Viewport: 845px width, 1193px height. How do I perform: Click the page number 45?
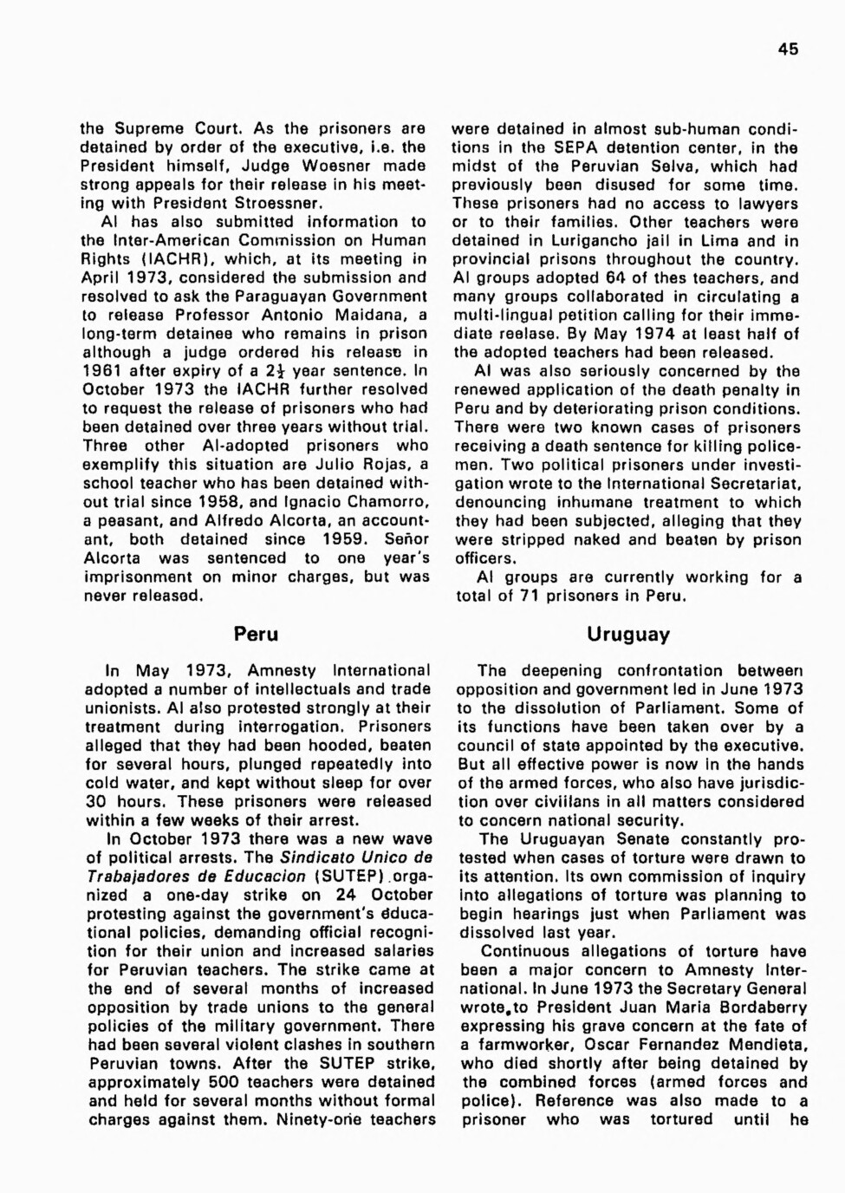pyautogui.click(x=788, y=49)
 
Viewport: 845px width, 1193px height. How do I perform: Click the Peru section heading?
pyautogui.click(x=257, y=635)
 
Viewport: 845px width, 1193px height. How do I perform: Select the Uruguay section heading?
pyautogui.click(x=628, y=635)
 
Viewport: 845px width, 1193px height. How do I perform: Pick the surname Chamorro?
pyautogui.click(x=387, y=501)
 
